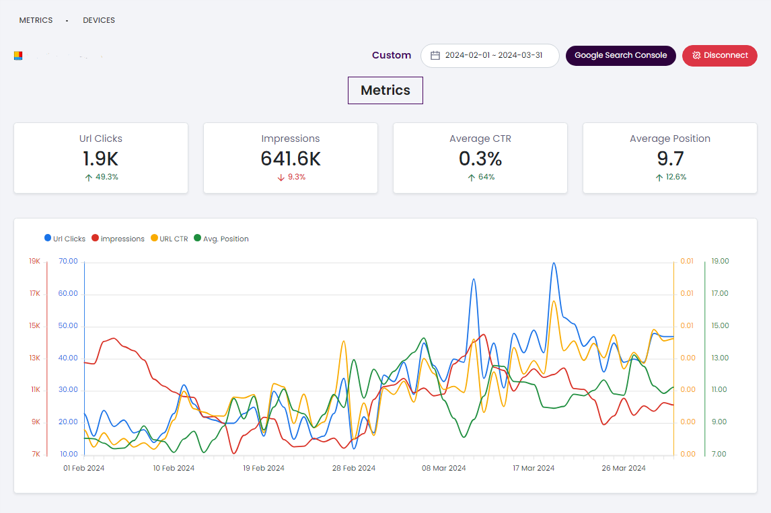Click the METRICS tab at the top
pos(36,20)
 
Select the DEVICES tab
pos(99,20)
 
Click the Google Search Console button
pos(620,55)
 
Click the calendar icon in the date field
pos(435,56)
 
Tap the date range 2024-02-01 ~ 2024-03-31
pos(493,56)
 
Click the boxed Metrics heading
pos(385,91)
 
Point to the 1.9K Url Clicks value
pos(101,159)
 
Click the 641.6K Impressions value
pos(291,159)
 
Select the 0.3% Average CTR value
pos(480,159)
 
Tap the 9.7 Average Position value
pos(670,159)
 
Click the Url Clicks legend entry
pos(65,239)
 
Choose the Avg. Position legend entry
pos(221,239)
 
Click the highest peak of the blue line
pos(553,263)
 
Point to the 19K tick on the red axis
pos(35,262)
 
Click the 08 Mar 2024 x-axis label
pos(443,468)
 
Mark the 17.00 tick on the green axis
pos(720,294)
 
